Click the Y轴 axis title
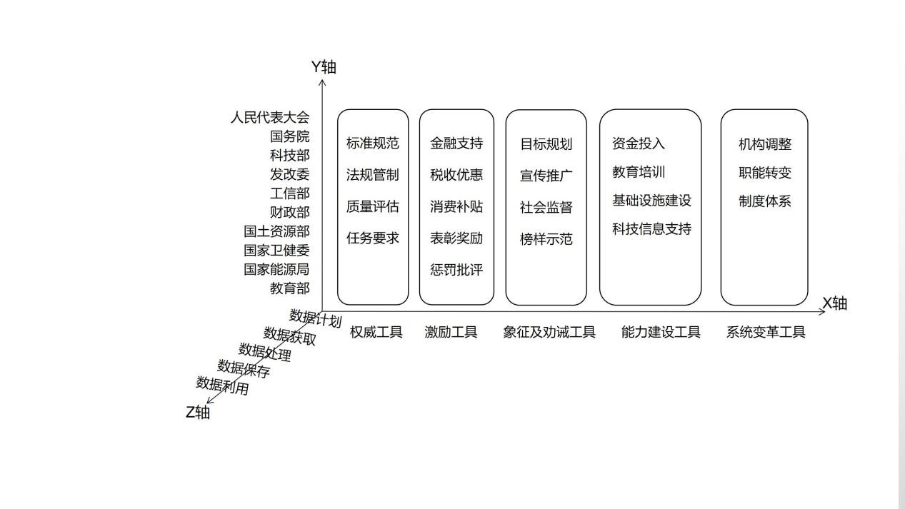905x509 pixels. tap(324, 67)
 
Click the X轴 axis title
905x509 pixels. tap(835, 303)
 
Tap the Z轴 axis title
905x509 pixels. tap(198, 413)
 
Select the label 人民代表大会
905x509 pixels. tap(270, 118)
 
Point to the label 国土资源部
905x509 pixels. tap(276, 231)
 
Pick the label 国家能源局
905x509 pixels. tap(276, 269)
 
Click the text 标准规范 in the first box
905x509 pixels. tap(373, 143)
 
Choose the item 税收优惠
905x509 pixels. tap(456, 175)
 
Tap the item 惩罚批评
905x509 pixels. tap(456, 270)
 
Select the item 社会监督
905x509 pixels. tap(546, 208)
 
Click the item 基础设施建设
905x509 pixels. tap(651, 200)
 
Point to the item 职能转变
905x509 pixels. tap(765, 173)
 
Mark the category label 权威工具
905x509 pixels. tap(376, 332)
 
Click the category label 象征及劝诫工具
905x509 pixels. tap(549, 332)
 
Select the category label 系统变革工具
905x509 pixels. tap(766, 332)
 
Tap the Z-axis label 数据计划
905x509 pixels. tap(316, 318)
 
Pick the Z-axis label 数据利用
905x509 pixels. tap(222, 385)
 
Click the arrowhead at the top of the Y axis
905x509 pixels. tap(322, 82)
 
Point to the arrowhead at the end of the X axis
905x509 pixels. tap(821, 311)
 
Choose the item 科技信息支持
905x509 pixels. tap(651, 229)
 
